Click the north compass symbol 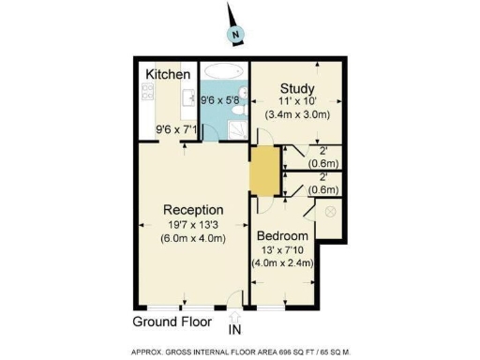coord(236,36)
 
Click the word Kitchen coord(169,74)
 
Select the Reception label coord(193,209)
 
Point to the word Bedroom coord(282,235)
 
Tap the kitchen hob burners coord(147,91)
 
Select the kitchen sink coord(188,96)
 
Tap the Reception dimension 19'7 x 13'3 coord(193,224)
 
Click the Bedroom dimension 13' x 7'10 coord(282,249)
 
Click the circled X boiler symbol coord(329,212)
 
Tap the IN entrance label coord(235,329)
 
